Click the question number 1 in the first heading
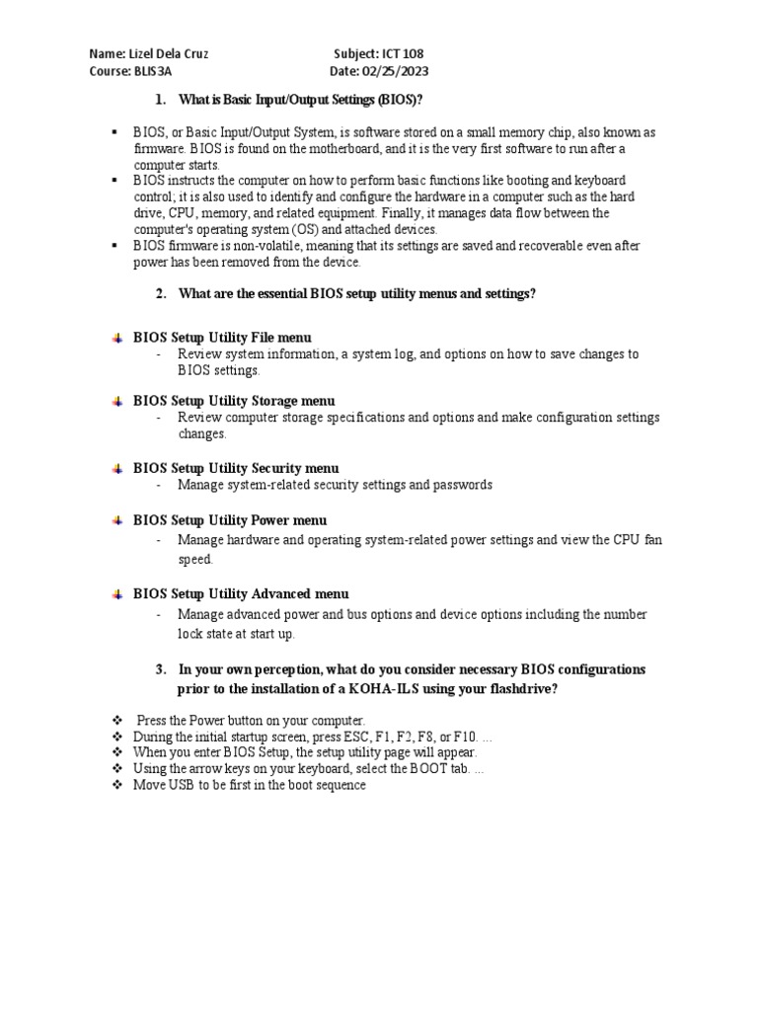(160, 100)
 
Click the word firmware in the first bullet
(157, 148)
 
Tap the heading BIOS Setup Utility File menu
(222, 337)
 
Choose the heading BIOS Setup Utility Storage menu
(234, 401)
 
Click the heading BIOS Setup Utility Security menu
(236, 468)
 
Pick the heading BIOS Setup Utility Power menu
(230, 520)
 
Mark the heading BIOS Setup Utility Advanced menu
(241, 594)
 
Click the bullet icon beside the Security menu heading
(116, 468)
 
